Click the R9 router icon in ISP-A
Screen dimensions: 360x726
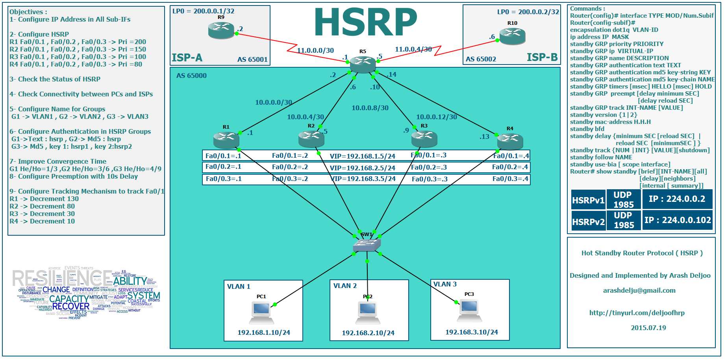(x=221, y=30)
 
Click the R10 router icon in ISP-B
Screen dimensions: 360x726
(x=512, y=36)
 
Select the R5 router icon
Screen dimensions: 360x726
(x=363, y=64)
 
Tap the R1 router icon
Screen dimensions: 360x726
(x=226, y=140)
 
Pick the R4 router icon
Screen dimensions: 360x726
(x=510, y=141)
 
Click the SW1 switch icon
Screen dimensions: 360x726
(x=367, y=245)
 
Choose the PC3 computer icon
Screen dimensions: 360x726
(x=469, y=310)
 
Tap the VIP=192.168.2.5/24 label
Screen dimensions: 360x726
(x=362, y=168)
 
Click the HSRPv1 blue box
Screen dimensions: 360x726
(x=588, y=200)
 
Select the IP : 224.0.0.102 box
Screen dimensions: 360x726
(x=677, y=220)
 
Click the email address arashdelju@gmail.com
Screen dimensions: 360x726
(x=639, y=291)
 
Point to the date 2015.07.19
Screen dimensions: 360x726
(x=648, y=328)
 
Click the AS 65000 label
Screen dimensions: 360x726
(x=191, y=76)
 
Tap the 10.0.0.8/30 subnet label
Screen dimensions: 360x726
(x=370, y=108)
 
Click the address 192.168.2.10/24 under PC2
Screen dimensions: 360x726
(x=368, y=333)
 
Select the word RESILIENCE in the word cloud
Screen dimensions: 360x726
(x=63, y=279)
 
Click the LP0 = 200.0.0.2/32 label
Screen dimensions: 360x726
(x=528, y=12)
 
